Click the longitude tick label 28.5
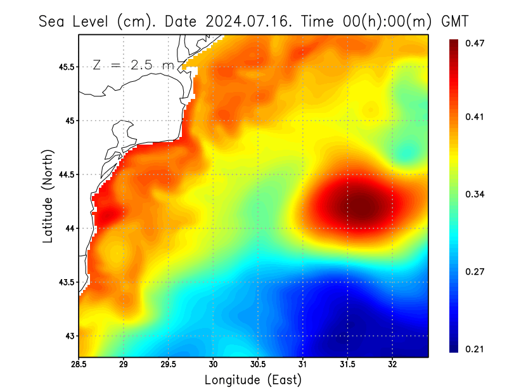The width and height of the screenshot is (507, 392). [79, 364]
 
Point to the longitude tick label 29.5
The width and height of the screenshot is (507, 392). [169, 364]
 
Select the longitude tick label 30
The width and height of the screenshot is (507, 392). [214, 364]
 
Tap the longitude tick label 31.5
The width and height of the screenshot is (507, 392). [348, 364]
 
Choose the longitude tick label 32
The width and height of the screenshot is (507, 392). [393, 364]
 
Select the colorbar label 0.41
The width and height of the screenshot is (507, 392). [476, 117]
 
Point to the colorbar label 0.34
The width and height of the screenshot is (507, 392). [476, 194]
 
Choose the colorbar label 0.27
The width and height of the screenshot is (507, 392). [476, 271]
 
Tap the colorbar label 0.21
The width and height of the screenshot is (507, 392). [476, 349]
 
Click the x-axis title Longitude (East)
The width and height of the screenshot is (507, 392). [253, 380]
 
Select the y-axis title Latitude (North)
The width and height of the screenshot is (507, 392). [48, 196]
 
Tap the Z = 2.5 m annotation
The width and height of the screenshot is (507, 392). [132, 65]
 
